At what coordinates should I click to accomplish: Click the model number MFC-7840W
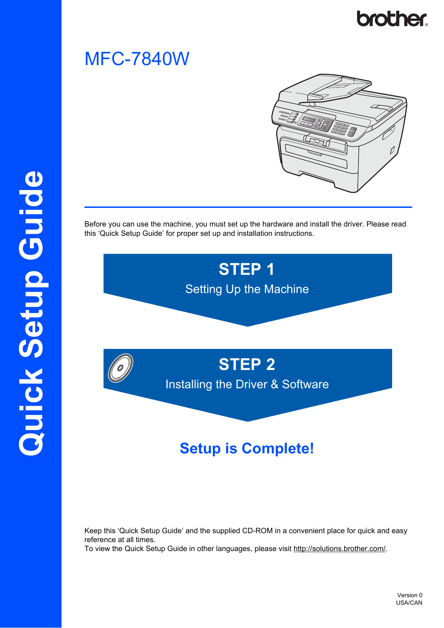click(x=137, y=59)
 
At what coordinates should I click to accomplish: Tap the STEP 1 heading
click(x=247, y=269)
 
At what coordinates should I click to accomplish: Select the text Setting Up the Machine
click(x=247, y=289)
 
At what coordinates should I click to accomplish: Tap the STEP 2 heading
click(x=247, y=365)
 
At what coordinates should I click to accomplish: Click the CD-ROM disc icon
click(x=121, y=368)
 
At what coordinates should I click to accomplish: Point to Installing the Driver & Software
click(x=247, y=384)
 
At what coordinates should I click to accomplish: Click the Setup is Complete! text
click(x=247, y=448)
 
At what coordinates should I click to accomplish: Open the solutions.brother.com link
click(x=339, y=549)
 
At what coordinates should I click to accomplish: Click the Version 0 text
click(x=409, y=595)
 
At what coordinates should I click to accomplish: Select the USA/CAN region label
click(x=409, y=603)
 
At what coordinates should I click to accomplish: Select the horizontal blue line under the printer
click(x=248, y=207)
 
